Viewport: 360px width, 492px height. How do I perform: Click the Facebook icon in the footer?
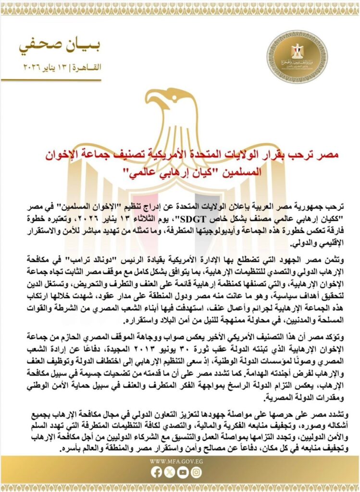(157, 472)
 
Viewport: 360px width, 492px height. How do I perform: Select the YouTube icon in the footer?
(182, 472)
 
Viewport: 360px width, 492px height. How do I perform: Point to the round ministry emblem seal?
(297, 57)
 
